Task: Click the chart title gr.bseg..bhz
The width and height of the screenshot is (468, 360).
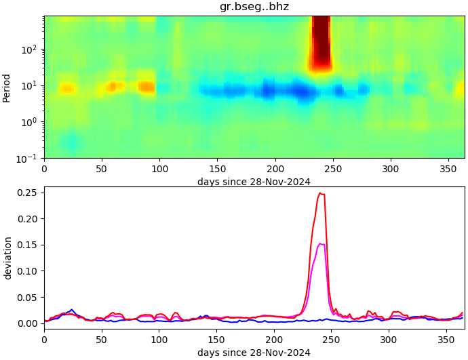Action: [254, 7]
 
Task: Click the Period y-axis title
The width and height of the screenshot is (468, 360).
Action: [7, 87]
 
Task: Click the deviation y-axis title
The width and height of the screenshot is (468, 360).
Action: [7, 258]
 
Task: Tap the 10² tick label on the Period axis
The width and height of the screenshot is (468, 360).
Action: [31, 49]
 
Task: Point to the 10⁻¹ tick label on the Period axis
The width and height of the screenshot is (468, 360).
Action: [29, 158]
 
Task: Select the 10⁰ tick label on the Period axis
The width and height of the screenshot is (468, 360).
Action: [31, 122]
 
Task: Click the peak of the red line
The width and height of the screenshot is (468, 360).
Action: [320, 193]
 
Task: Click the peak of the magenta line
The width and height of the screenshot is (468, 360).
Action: [320, 243]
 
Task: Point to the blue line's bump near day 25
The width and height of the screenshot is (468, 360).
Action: [72, 310]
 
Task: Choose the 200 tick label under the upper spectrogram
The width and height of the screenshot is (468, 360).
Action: [275, 169]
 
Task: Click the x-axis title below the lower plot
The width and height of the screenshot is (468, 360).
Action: [254, 353]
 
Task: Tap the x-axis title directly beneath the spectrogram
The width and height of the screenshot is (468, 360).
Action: [254, 182]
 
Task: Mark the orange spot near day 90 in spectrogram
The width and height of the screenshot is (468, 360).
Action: [147, 87]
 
